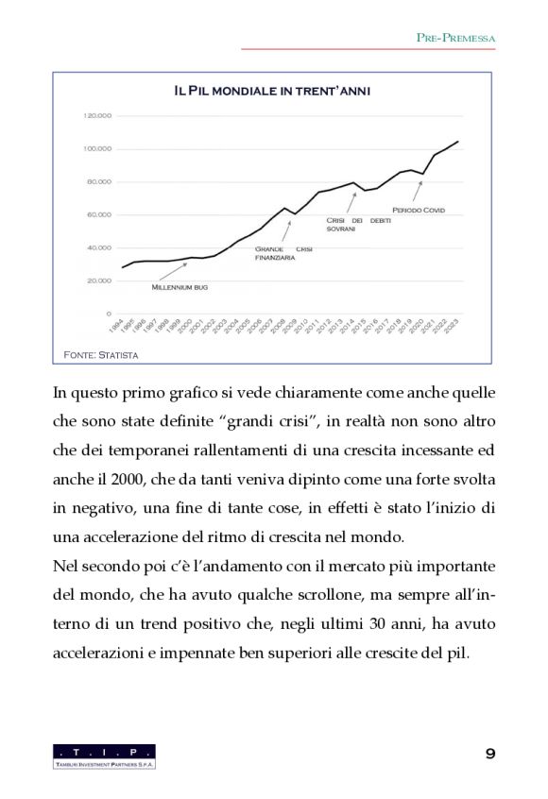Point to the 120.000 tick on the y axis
[x=98, y=116]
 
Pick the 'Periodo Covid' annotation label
[x=418, y=210]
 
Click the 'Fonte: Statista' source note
[x=100, y=355]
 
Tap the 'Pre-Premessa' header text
[x=456, y=38]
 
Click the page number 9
[x=489, y=753]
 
